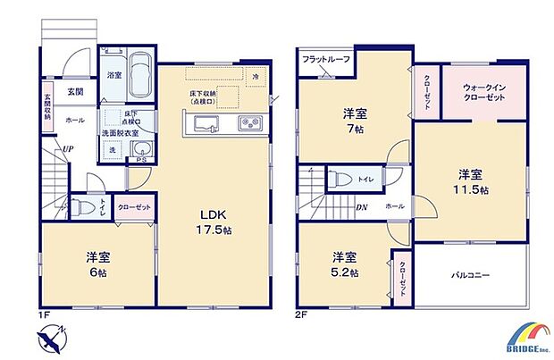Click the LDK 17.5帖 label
coord(214,221)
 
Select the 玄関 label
coord(75,91)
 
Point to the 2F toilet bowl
coord(338,179)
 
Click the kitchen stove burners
coord(248,124)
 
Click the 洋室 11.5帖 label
coord(473,180)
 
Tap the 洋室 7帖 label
coord(353,121)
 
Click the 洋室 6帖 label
coord(97,264)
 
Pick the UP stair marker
coord(67,149)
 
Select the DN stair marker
coord(363,207)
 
